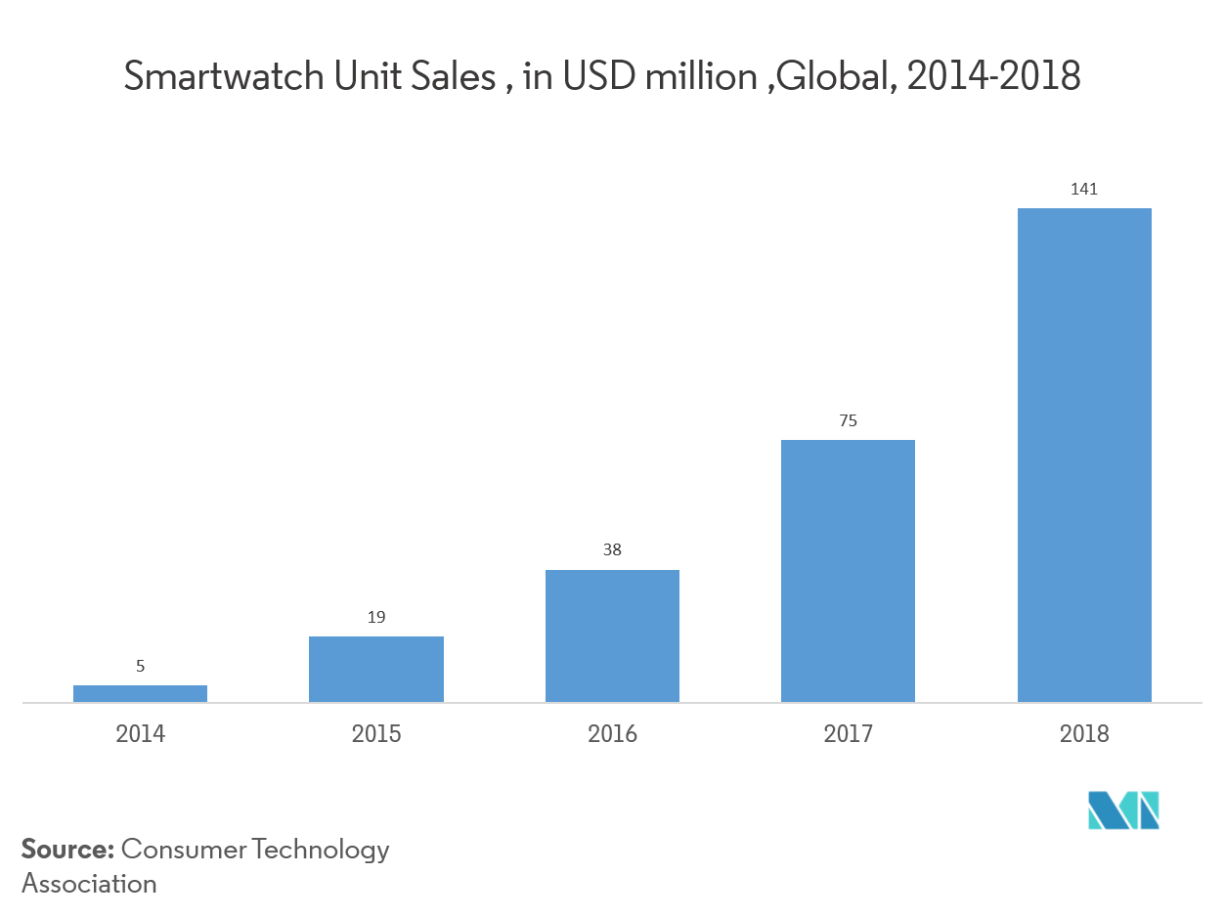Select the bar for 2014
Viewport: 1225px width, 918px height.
pos(140,693)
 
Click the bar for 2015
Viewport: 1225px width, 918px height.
pos(376,669)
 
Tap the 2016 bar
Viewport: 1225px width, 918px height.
pos(612,635)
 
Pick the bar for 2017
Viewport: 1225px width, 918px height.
pos(848,571)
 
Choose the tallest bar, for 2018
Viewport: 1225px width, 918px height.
pos(1084,455)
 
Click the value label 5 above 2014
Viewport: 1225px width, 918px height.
pos(140,667)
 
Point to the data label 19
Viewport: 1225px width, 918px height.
pos(376,617)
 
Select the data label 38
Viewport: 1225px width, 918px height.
pos(612,549)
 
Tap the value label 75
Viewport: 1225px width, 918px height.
pos(848,420)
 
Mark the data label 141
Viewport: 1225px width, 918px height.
pos(1084,189)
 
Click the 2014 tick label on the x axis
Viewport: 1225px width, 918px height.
pos(140,733)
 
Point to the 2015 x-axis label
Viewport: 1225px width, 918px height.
pos(376,733)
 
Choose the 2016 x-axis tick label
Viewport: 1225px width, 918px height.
pos(612,733)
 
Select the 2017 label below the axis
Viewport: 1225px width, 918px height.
pos(848,733)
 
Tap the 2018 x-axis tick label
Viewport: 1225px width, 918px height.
pos(1084,733)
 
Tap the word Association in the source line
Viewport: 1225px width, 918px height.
pos(89,883)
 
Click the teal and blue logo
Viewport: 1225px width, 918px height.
pos(1123,810)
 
